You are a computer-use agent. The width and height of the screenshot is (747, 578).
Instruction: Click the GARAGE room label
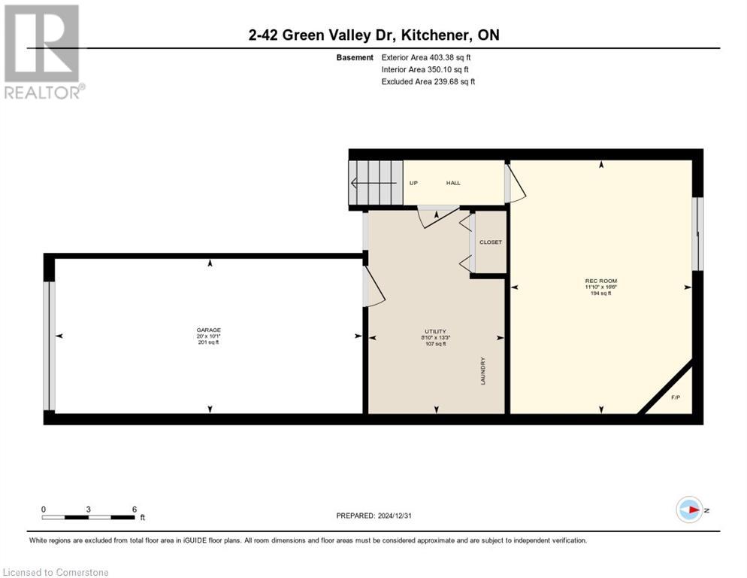[209, 330]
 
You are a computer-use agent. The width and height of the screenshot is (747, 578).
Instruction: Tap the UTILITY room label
[435, 331]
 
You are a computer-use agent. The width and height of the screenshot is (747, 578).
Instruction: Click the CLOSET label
[490, 242]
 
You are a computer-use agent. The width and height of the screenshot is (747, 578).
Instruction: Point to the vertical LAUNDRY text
[483, 371]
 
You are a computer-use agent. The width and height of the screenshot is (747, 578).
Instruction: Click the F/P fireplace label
[676, 397]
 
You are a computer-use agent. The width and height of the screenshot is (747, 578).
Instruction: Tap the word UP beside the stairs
[413, 183]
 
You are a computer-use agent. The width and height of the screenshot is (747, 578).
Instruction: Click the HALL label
[453, 183]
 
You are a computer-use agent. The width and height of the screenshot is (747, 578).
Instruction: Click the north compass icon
[689, 510]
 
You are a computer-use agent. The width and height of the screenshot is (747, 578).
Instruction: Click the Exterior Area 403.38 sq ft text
[428, 57]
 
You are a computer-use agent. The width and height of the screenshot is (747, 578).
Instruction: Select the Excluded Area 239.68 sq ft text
[428, 81]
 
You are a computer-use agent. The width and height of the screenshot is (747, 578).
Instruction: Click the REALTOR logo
[43, 51]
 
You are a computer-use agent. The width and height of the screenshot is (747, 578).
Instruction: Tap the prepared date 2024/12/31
[373, 516]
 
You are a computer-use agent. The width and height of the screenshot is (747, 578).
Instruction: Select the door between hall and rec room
[516, 184]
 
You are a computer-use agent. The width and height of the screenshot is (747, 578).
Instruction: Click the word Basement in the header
[355, 57]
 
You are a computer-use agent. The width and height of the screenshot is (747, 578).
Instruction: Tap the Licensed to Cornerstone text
[56, 573]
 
